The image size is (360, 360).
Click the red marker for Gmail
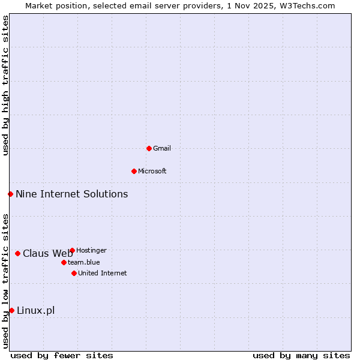[149, 148]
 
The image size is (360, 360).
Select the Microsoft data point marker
[134, 171]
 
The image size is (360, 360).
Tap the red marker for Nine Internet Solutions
[10, 194]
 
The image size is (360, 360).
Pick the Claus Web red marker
[17, 253]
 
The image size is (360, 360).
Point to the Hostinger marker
[72, 250]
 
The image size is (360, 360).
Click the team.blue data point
[64, 262]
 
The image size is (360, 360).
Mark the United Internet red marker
[74, 273]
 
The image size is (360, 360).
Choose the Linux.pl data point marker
[11, 310]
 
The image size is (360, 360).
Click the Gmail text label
[162, 148]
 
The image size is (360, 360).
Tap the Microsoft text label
[152, 171]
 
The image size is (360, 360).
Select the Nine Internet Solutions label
[71, 194]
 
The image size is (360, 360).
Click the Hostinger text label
[91, 250]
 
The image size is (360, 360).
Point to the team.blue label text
[84, 262]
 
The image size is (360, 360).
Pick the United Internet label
[103, 273]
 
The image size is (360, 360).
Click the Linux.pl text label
[35, 310]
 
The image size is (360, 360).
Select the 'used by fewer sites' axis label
[62, 355]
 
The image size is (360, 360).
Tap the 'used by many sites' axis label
[301, 355]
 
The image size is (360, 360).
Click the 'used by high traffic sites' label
[5, 86]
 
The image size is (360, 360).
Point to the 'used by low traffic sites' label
[5, 281]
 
